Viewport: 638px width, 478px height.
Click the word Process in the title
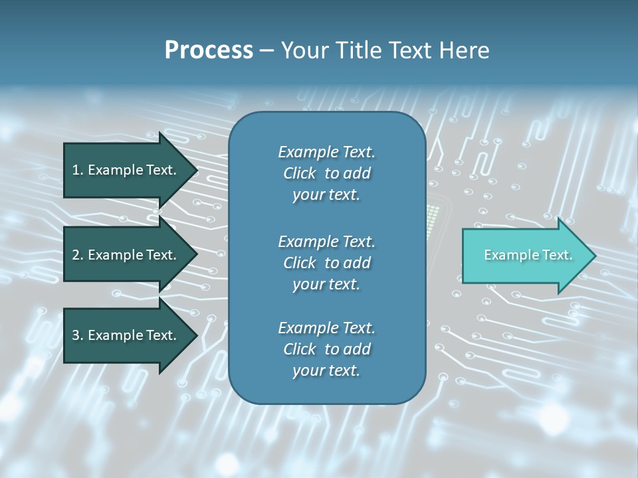[x=209, y=50]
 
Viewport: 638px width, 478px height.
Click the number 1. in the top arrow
[x=78, y=171]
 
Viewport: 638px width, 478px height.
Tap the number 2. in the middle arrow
[x=78, y=255]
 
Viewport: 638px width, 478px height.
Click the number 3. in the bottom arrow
[x=78, y=335]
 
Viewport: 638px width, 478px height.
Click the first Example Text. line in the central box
[x=326, y=152]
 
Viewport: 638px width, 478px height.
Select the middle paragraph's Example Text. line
[x=326, y=242]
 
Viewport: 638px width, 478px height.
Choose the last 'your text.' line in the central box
[x=326, y=371]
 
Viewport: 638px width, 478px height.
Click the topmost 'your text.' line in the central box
[x=326, y=195]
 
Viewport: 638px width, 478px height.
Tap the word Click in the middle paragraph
[x=299, y=263]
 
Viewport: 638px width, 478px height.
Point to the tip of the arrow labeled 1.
[x=197, y=171]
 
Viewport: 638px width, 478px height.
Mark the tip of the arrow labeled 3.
[x=197, y=335]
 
